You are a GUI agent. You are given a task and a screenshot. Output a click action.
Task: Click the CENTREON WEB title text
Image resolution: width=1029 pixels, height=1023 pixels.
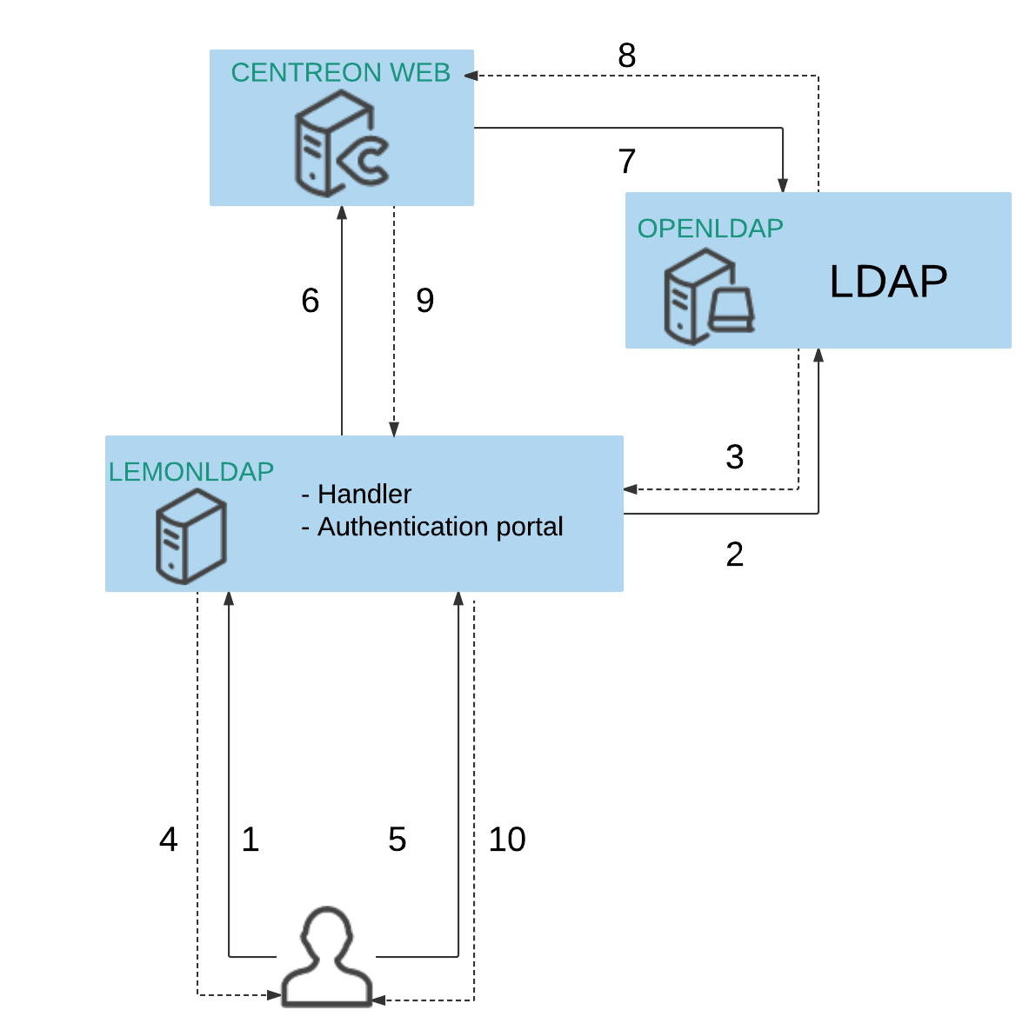(x=340, y=72)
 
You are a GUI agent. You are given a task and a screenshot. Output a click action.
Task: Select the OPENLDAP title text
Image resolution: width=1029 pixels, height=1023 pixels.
(x=710, y=229)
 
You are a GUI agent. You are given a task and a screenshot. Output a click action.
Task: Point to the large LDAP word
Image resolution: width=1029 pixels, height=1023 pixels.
(x=888, y=282)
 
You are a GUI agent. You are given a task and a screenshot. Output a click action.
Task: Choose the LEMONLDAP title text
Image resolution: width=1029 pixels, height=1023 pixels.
(x=191, y=472)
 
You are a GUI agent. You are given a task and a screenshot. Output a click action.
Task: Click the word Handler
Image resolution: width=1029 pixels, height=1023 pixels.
(x=364, y=495)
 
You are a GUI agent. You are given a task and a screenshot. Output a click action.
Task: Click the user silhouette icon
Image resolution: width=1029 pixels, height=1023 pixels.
(x=327, y=958)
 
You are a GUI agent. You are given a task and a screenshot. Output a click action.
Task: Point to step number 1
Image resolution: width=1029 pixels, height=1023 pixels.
(x=251, y=840)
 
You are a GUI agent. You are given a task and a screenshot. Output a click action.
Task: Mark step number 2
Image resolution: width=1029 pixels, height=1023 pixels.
(x=735, y=555)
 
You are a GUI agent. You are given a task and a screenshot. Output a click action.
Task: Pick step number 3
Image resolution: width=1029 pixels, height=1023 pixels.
(x=735, y=457)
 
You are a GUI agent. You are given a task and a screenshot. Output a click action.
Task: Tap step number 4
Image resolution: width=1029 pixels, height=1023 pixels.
(x=169, y=840)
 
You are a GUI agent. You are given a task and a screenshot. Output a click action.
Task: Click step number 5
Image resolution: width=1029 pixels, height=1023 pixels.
(x=398, y=840)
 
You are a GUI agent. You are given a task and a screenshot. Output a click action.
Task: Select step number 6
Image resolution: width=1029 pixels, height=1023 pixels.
(x=311, y=301)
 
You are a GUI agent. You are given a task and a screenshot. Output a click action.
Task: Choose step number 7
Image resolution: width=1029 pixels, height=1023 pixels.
(x=627, y=162)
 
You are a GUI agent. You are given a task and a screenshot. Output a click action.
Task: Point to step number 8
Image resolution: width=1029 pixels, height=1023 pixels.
(x=627, y=56)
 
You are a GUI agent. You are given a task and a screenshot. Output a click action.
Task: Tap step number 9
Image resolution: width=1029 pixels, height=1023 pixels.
(x=425, y=301)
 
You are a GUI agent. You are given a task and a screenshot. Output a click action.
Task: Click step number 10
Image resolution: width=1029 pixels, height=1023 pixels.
(x=507, y=840)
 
